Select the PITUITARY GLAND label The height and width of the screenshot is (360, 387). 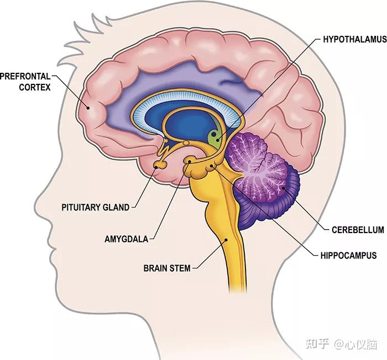(x=96, y=208)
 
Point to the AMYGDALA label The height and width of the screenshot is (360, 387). (x=126, y=240)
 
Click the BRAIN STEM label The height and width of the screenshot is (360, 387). (x=167, y=268)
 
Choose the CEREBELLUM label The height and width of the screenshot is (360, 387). (x=358, y=230)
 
